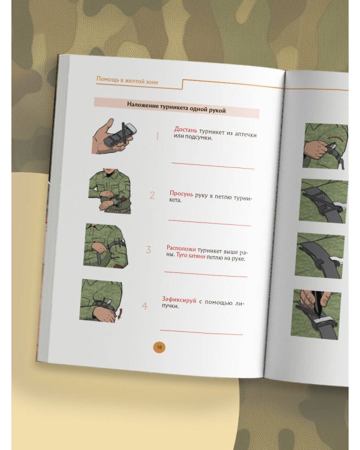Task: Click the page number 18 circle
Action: (160, 347)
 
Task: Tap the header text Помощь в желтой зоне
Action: (127, 80)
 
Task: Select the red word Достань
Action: (185, 130)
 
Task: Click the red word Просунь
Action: (181, 194)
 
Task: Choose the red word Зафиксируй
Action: (179, 300)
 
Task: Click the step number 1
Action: (157, 136)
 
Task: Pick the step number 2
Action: (152, 196)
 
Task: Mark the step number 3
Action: (148, 250)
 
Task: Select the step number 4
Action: (145, 306)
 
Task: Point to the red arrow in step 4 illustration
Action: (120, 313)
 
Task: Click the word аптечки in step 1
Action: (246, 135)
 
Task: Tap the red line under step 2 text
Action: (209, 223)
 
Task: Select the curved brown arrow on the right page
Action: (336, 139)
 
